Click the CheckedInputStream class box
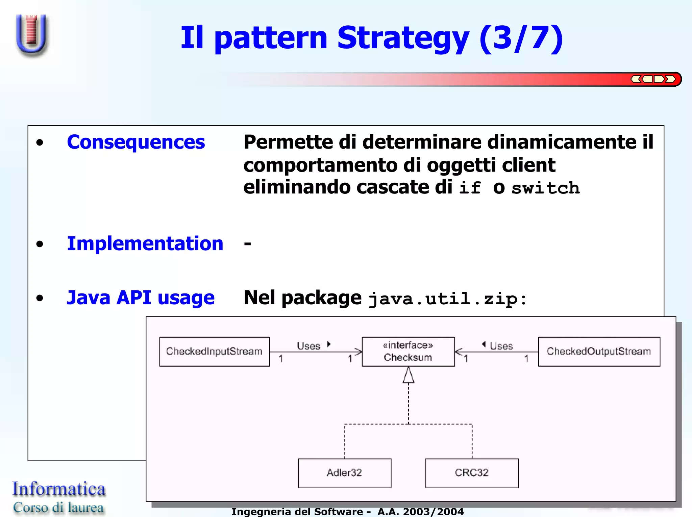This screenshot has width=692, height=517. [x=214, y=352]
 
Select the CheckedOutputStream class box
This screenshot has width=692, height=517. [x=599, y=352]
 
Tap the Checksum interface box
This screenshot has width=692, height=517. [x=408, y=352]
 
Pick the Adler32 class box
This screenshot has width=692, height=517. [x=344, y=473]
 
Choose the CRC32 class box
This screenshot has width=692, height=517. [x=471, y=473]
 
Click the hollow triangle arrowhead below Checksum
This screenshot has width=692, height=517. [x=408, y=375]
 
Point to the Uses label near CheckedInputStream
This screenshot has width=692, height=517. [x=308, y=346]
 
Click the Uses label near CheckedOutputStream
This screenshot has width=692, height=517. [x=501, y=346]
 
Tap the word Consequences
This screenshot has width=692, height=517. [x=136, y=142]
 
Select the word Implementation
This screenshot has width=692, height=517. [x=145, y=243]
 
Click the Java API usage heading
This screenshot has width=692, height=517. [x=141, y=298]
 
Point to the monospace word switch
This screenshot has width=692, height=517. [x=545, y=188]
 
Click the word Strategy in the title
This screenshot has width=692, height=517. [x=403, y=38]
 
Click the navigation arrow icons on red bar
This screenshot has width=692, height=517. [x=653, y=79]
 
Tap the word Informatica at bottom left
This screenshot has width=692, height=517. [x=59, y=489]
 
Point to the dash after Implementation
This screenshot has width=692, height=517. [x=248, y=244]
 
